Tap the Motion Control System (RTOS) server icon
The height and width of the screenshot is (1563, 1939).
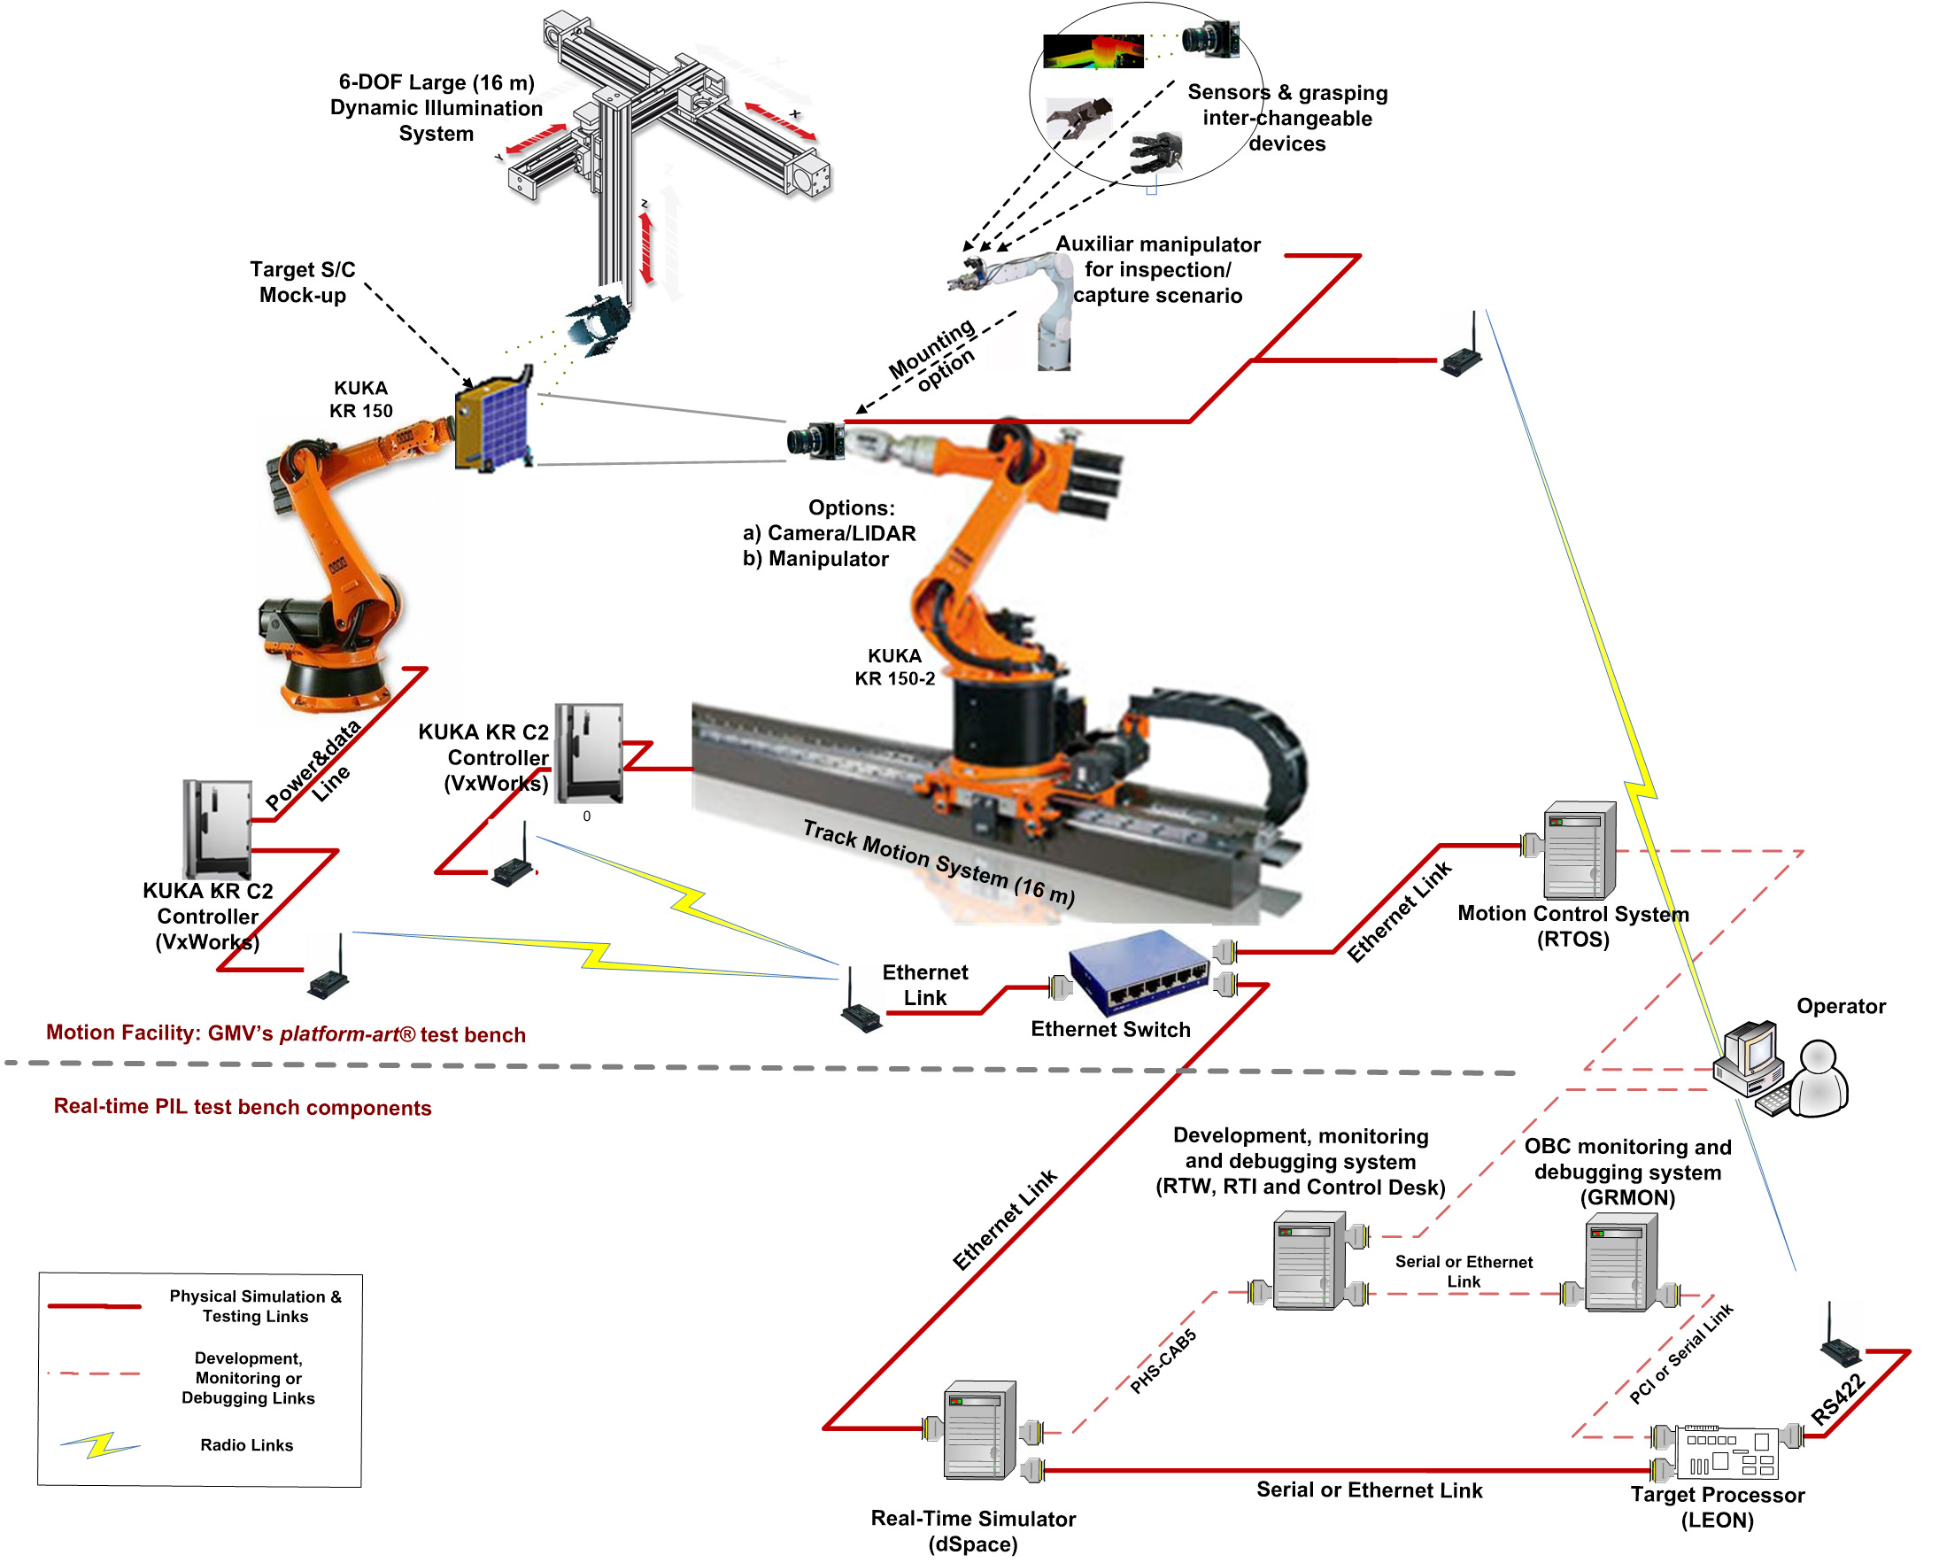[1580, 851]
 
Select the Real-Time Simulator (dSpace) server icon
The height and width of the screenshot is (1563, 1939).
[979, 1431]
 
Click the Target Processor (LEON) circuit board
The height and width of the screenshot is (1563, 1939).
[1726, 1452]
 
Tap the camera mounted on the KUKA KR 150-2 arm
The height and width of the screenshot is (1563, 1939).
[815, 440]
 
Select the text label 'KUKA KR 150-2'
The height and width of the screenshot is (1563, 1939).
[895, 667]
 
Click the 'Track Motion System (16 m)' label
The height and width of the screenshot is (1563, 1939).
[938, 863]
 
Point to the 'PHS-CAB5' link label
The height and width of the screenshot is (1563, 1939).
[1163, 1361]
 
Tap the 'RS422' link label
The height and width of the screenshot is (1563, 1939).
[1838, 1400]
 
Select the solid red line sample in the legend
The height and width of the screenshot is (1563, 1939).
[94, 1305]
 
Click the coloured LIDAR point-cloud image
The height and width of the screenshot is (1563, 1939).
[1093, 51]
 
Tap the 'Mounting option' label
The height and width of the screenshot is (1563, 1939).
[932, 357]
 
